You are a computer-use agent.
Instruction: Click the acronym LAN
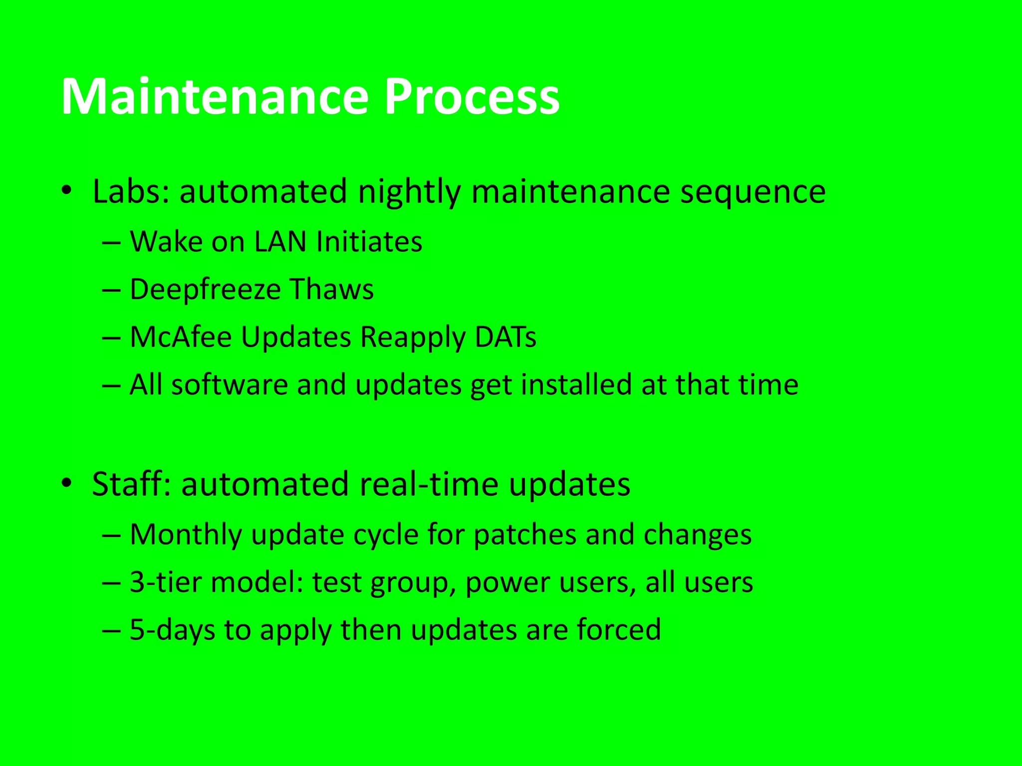click(x=280, y=241)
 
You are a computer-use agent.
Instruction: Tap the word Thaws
click(x=331, y=289)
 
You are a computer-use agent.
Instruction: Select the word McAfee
click(x=181, y=337)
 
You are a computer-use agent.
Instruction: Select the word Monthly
click(x=186, y=535)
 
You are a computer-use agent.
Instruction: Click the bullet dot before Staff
click(x=67, y=483)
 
